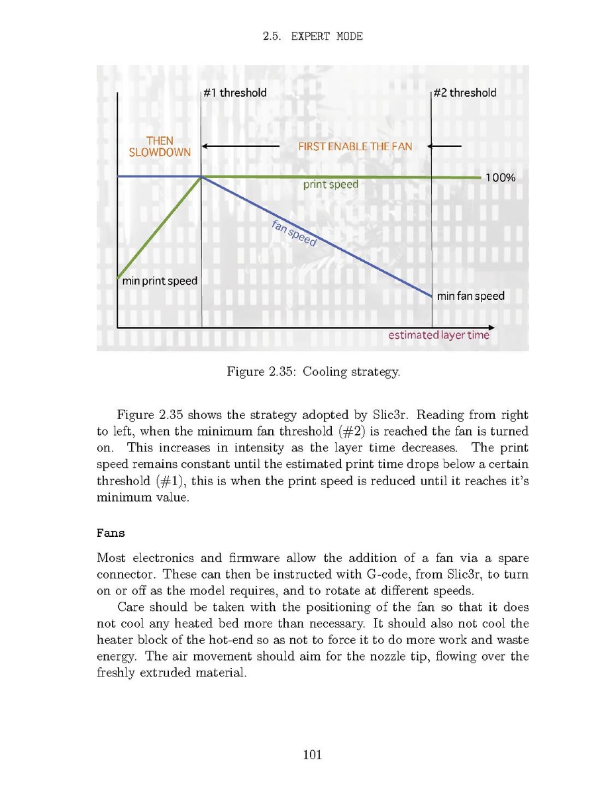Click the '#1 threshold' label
pyautogui.click(x=235, y=93)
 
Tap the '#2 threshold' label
pyautogui.click(x=464, y=93)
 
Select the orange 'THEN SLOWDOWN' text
pyautogui.click(x=160, y=146)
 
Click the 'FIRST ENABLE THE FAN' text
pyautogui.click(x=355, y=146)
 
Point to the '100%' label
pyautogui.click(x=501, y=178)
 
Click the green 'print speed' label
pyautogui.click(x=330, y=185)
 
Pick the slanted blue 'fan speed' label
pyautogui.click(x=295, y=233)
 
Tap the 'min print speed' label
pyautogui.click(x=160, y=281)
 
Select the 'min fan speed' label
pyautogui.click(x=470, y=296)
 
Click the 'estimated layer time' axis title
pyautogui.click(x=438, y=335)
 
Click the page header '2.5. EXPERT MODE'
pyautogui.click(x=313, y=36)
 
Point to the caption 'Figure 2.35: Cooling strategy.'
pyautogui.click(x=313, y=372)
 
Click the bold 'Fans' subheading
pyautogui.click(x=111, y=532)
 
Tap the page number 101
pyautogui.click(x=312, y=754)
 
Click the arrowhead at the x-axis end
pyautogui.click(x=491, y=328)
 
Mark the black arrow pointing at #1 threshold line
pyautogui.click(x=240, y=146)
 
